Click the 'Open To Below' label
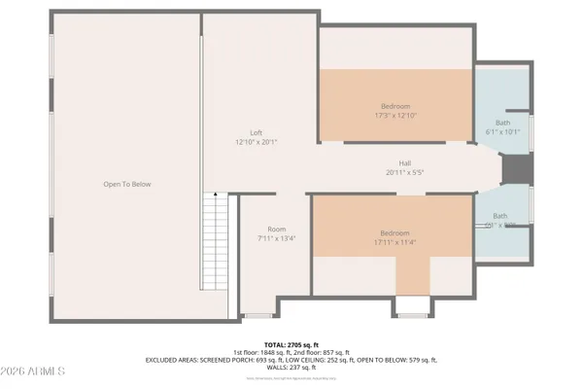(127, 184)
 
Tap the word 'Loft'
(256, 133)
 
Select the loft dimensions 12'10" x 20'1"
(256, 143)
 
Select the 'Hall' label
(404, 162)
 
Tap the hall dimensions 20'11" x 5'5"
(404, 172)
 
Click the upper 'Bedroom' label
(394, 106)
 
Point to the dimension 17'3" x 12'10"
(394, 116)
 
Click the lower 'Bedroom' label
(394, 233)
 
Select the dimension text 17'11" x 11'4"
(394, 243)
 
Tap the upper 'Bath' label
(503, 122)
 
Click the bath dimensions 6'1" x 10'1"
(503, 131)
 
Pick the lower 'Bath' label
(499, 216)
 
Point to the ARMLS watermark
(34, 372)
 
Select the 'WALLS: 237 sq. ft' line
(291, 368)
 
